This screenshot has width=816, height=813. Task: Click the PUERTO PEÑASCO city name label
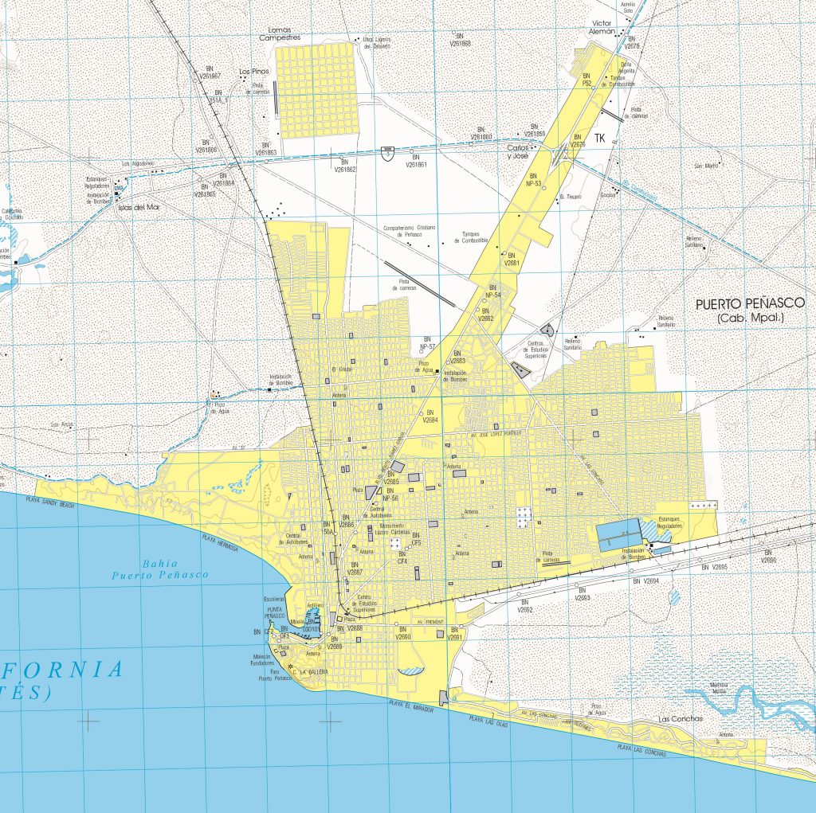(750, 303)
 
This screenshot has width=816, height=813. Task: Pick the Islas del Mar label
(138, 207)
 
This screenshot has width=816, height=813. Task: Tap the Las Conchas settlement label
(680, 719)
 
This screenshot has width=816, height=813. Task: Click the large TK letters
(600, 138)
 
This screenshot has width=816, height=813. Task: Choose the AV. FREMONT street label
(429, 621)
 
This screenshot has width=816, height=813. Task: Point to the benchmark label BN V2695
(715, 566)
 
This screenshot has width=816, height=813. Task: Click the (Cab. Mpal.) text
(750, 319)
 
